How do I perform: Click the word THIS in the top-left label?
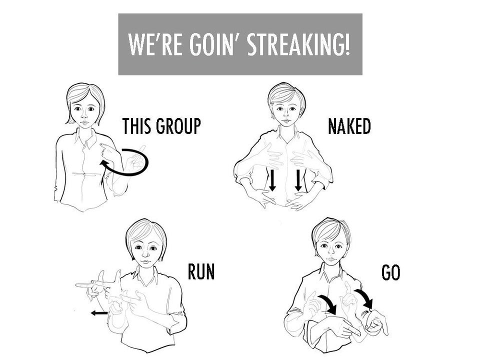click(138, 126)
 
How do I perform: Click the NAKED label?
click(349, 126)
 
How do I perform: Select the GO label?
click(391, 272)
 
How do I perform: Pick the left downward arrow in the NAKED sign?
click(272, 180)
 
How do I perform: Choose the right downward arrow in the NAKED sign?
click(298, 180)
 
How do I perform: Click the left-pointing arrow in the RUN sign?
click(100, 313)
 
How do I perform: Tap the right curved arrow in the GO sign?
click(365, 299)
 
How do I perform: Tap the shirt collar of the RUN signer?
click(145, 274)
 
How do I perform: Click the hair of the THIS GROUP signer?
click(80, 92)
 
